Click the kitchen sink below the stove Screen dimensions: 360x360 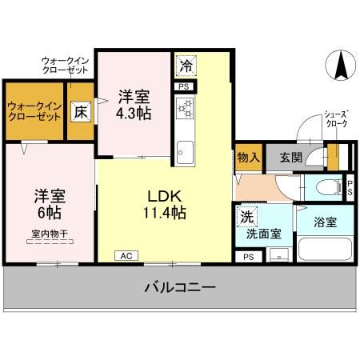tap(184, 150)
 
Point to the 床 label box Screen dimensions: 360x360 tap(81, 113)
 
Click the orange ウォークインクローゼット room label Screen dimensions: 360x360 tap(34, 111)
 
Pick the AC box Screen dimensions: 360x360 tap(126, 256)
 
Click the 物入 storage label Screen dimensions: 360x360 tap(248, 157)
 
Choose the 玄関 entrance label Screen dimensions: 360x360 tap(290, 157)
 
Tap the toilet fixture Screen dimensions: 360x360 tap(326, 188)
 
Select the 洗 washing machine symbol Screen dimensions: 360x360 tap(246, 216)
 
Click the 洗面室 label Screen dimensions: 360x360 tap(264, 234)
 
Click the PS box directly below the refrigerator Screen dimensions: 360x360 tap(184, 86)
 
